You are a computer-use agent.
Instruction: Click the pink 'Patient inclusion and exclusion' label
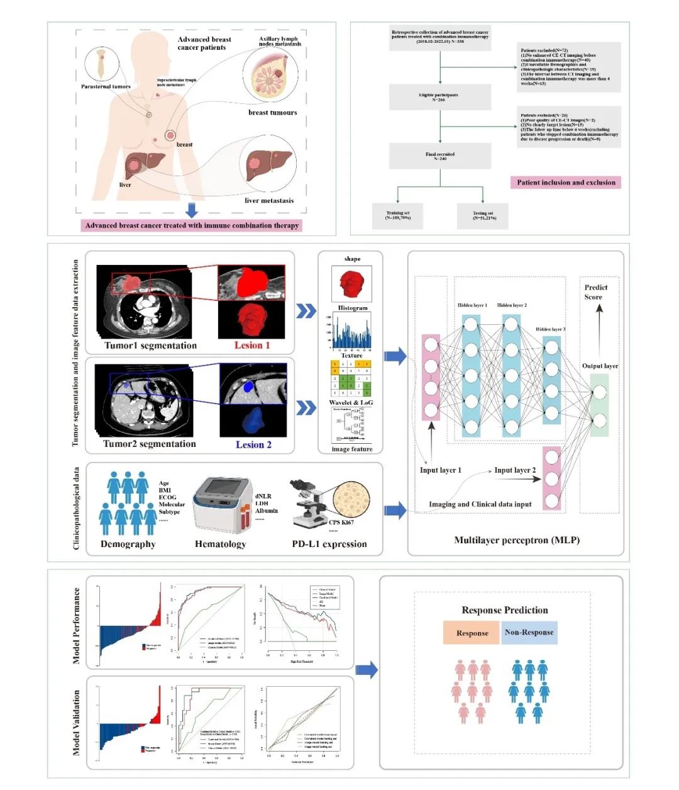coord(566,183)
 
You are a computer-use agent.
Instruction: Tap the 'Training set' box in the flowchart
coord(398,216)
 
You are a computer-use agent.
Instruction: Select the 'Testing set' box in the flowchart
coord(483,216)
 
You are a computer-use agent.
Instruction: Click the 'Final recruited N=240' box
coord(439,156)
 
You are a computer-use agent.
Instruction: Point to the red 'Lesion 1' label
coord(252,345)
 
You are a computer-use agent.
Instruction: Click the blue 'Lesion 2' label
coord(253,444)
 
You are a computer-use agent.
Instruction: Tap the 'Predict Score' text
coord(595,292)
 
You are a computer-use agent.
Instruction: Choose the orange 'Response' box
coord(472,633)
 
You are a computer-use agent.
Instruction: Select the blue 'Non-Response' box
coord(529,633)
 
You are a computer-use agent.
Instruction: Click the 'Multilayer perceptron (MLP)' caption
coord(517,540)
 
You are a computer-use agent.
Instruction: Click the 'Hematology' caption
coord(220,544)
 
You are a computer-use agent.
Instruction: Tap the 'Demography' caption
coord(128,544)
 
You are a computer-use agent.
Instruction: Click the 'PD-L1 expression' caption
coord(329,544)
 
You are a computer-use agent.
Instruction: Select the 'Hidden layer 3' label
coord(550,329)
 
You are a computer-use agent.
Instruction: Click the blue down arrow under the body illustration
coord(192,210)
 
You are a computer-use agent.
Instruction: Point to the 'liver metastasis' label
coord(269,201)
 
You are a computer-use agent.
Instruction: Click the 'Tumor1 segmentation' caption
coord(150,345)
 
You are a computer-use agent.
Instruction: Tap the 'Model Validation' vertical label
coord(77,723)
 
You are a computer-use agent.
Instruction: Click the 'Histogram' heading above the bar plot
coord(352,308)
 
